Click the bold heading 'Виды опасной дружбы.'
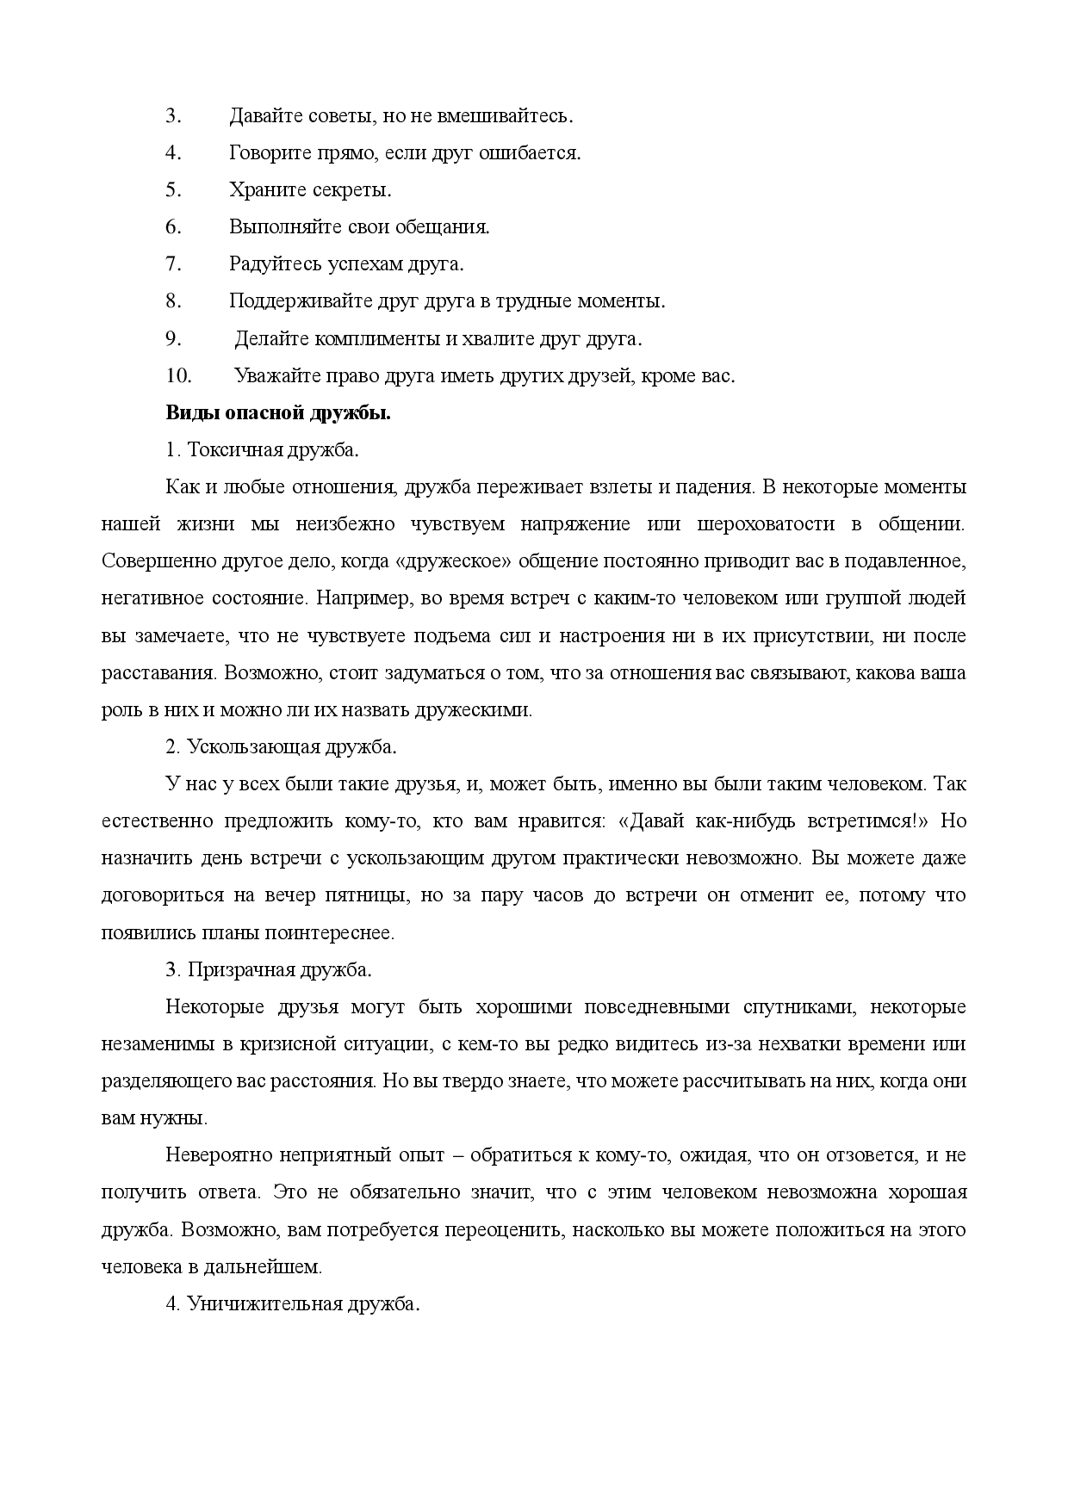(x=278, y=413)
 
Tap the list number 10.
(x=175, y=376)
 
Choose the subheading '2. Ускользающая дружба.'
(x=281, y=746)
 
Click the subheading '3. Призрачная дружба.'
(x=269, y=969)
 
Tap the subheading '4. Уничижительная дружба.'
(x=292, y=1303)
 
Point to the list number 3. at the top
(x=172, y=115)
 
